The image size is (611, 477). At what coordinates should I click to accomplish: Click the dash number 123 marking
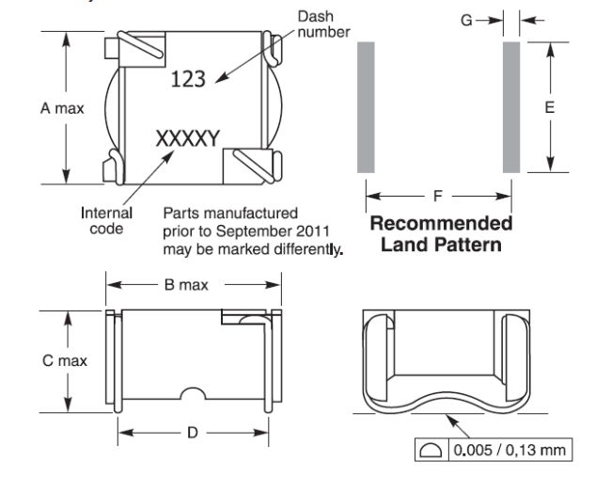tap(188, 78)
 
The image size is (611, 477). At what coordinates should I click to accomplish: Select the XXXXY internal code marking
tap(188, 138)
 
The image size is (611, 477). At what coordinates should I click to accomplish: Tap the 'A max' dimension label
tap(62, 108)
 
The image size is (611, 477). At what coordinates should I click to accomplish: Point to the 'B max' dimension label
tap(186, 285)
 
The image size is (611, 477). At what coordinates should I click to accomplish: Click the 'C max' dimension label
tap(65, 360)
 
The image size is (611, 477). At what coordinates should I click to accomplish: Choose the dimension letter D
tap(193, 433)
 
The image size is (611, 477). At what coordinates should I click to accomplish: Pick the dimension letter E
tap(550, 107)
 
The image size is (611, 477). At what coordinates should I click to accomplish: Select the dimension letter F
tap(438, 196)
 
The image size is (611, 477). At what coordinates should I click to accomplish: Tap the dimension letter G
tap(466, 20)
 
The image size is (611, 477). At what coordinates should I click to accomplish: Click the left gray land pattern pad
tap(366, 107)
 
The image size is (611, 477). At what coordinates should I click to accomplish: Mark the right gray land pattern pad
tap(511, 107)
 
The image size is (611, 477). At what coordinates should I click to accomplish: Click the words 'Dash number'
tap(323, 24)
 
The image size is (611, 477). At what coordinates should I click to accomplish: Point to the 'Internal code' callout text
tap(106, 221)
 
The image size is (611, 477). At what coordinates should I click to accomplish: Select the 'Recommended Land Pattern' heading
tap(441, 234)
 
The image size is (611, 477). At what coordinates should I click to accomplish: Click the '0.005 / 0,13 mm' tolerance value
tap(509, 450)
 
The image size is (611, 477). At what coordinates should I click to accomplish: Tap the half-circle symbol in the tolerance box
tap(431, 451)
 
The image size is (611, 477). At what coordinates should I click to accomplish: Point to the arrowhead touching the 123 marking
tap(221, 78)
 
